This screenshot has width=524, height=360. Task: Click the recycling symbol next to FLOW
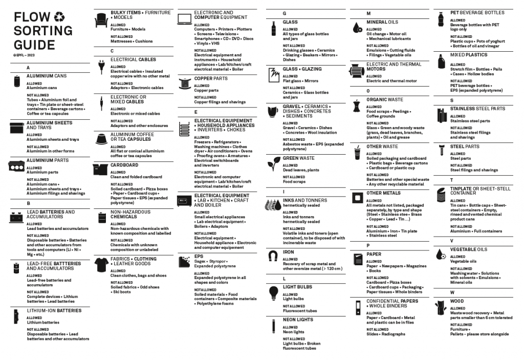[x=60, y=17]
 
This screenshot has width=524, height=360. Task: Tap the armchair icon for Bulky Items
[x=101, y=20]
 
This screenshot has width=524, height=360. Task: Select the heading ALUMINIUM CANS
[x=47, y=76]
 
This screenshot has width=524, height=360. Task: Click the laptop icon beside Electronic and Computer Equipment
[x=184, y=19]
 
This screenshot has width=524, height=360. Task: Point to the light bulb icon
[x=273, y=292]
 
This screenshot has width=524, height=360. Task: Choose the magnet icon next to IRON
[x=273, y=255]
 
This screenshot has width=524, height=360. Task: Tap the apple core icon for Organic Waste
[x=357, y=106]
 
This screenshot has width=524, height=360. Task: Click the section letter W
[x=452, y=292]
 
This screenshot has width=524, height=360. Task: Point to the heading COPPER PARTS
[x=211, y=78]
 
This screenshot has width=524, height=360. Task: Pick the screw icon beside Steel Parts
[x=441, y=150]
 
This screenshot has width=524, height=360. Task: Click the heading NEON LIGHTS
[x=298, y=320]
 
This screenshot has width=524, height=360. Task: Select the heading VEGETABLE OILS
[x=469, y=249]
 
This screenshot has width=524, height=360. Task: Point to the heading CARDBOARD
[x=124, y=165]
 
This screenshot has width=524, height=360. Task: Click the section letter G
[x=284, y=13]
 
